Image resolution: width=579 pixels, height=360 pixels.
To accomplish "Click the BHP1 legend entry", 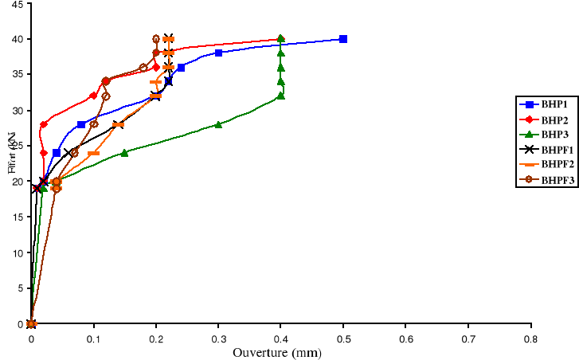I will [x=545, y=104].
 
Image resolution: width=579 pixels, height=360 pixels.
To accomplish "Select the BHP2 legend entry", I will [x=545, y=119].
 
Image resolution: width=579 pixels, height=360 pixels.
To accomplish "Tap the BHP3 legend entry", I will [x=545, y=135].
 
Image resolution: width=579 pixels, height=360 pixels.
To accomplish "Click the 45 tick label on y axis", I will [x=15, y=3].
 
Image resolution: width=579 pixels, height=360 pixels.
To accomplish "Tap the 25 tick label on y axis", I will [x=15, y=146].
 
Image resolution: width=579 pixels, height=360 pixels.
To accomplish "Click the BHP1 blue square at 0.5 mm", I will [x=343, y=39].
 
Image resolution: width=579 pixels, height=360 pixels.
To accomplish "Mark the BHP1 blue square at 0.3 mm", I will [x=218, y=53].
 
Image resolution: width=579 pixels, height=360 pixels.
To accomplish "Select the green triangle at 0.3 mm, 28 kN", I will [x=218, y=124].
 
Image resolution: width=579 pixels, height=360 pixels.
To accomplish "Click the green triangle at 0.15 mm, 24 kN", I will [x=124, y=152].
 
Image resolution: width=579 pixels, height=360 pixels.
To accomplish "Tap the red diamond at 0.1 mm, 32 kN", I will [x=93, y=96].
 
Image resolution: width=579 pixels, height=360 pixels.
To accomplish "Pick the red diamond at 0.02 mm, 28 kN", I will [x=43, y=124].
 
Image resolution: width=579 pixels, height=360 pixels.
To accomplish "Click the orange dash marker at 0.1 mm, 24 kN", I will [x=93, y=153].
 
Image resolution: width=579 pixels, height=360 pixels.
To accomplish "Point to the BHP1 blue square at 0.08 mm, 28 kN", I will [x=81, y=124].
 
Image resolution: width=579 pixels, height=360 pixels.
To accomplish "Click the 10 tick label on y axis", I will [x=15, y=252].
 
